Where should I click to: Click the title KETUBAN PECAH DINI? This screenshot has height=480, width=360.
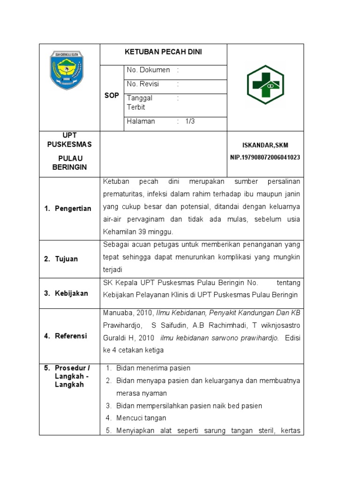click(163, 52)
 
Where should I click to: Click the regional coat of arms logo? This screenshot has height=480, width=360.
click(67, 70)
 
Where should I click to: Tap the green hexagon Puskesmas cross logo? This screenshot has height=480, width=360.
click(265, 85)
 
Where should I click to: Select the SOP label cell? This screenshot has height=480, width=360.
click(112, 95)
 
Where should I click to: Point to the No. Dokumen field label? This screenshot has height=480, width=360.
click(148, 70)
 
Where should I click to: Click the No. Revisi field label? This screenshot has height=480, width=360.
click(143, 84)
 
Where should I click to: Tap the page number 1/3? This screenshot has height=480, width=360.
click(189, 121)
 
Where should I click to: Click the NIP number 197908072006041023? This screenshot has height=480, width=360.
click(265, 158)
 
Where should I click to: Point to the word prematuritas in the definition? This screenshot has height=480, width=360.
click(123, 194)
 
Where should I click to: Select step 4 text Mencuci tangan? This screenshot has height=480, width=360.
click(141, 418)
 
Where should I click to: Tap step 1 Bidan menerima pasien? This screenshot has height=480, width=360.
click(153, 368)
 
